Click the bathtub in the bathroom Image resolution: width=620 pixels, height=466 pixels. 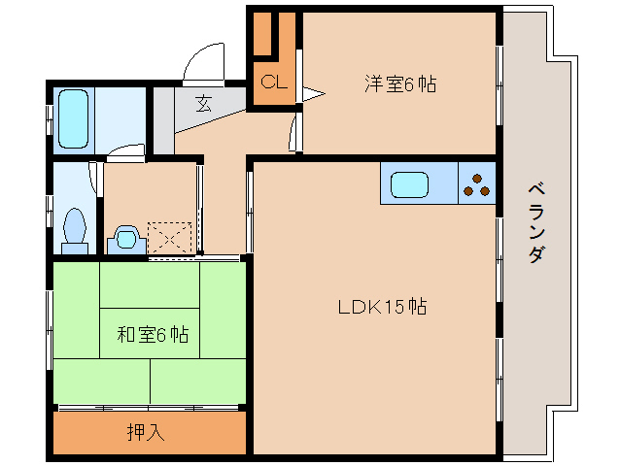click(74, 117)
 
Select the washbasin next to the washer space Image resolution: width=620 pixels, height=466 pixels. click(124, 238)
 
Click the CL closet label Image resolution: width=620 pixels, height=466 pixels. click(273, 82)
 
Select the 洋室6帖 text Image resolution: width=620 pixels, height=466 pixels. click(399, 83)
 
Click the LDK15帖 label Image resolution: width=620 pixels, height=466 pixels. click(382, 308)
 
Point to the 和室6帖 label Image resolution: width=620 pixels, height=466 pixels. click(153, 336)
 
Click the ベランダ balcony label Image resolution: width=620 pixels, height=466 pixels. click(535, 221)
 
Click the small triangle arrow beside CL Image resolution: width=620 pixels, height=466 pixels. click(311, 94)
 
